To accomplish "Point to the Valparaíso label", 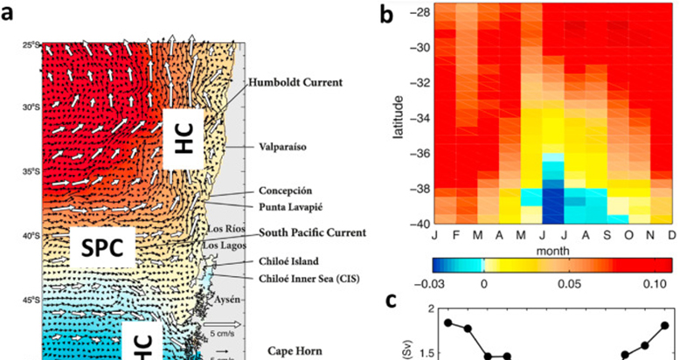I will tap(282, 148).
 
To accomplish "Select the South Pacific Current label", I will tap(311, 232).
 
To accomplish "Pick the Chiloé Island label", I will tap(288, 260).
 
